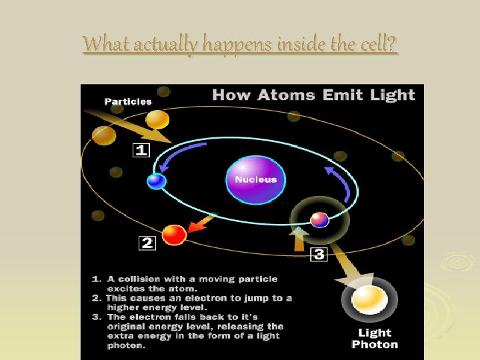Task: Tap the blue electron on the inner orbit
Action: point(157,181)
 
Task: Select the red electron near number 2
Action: point(174,235)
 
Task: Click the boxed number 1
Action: point(141,151)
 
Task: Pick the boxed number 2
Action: point(147,243)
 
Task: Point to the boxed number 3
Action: point(319,254)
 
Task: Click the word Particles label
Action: point(128,102)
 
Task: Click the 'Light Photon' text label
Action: point(375,339)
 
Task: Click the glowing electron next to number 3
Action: point(319,219)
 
